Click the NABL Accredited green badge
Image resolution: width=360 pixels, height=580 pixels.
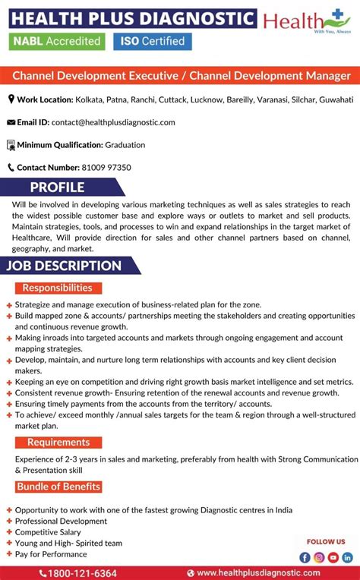[x=55, y=41]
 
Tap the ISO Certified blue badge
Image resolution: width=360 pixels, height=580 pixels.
[x=153, y=41]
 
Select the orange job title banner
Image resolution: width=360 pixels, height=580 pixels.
[x=180, y=76]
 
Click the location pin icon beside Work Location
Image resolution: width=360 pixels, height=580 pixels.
[x=11, y=99]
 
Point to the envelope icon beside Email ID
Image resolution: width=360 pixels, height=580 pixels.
[x=11, y=122]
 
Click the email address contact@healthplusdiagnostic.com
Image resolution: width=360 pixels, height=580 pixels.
[x=113, y=122]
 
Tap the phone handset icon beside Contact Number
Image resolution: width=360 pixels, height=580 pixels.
[x=11, y=167]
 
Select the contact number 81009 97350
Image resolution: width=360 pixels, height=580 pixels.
[x=106, y=167]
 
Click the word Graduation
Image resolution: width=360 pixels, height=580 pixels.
[x=125, y=144]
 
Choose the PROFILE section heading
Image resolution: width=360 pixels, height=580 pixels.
[x=57, y=187]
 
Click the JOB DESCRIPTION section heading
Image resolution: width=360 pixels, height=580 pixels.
[x=65, y=266]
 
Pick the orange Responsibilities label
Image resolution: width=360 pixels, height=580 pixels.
[x=58, y=288]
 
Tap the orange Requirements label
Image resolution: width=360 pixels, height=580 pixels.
[x=58, y=443]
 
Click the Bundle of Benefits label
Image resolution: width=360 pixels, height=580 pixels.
[x=58, y=487]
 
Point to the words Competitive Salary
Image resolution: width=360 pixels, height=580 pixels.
[x=49, y=532]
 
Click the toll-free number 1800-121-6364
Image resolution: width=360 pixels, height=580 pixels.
[x=82, y=573]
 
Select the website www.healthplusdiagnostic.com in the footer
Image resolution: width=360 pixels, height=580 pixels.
[x=258, y=573]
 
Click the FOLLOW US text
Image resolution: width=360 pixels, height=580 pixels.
[x=326, y=541]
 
